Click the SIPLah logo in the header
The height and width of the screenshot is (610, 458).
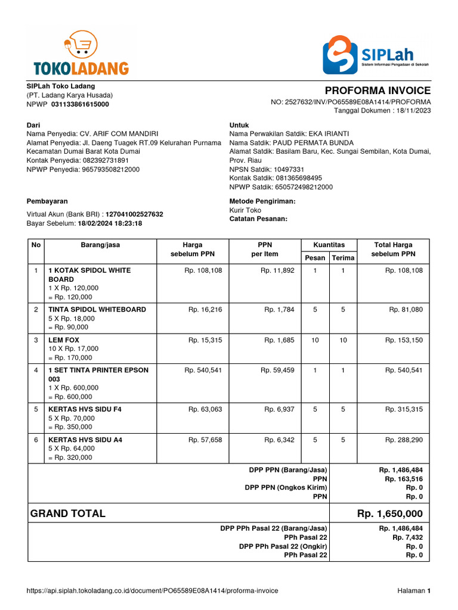[x=376, y=54]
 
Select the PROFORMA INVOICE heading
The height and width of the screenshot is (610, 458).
[x=377, y=91]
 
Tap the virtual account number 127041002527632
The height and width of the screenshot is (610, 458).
[x=134, y=214]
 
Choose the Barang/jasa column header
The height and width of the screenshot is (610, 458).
[x=100, y=245]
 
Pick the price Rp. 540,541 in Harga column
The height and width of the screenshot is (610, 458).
[x=203, y=370]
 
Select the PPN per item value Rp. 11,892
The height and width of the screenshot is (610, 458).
[x=277, y=270]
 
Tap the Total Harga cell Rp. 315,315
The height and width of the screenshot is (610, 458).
[x=404, y=409]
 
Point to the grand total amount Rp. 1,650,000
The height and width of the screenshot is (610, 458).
[x=390, y=513]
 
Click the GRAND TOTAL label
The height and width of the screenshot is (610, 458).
[x=68, y=513]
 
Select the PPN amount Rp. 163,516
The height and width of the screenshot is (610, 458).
[x=404, y=479]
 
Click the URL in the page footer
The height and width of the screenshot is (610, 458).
[x=153, y=591]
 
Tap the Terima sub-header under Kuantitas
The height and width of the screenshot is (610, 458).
[x=342, y=257]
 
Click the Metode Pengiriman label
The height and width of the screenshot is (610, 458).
[x=262, y=201]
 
